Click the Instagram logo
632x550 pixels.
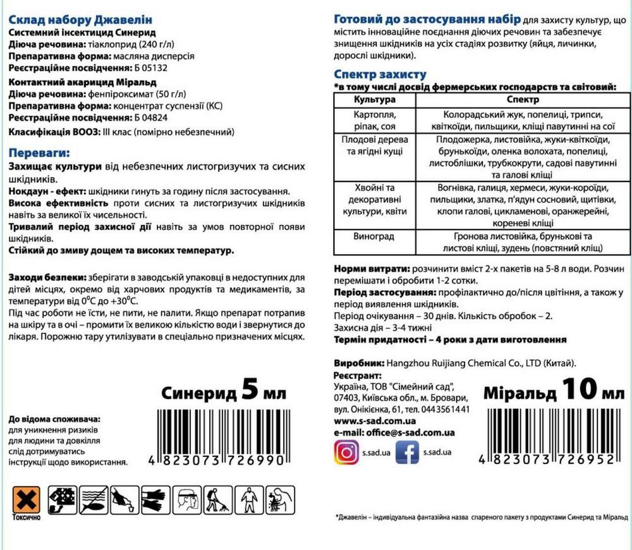(346, 452)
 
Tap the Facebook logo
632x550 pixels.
(407, 452)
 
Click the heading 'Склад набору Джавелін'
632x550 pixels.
(81, 20)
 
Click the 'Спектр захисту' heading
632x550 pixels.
(380, 74)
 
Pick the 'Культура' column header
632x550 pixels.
(375, 100)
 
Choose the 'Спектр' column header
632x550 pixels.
(523, 100)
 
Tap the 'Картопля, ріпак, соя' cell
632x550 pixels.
(375, 121)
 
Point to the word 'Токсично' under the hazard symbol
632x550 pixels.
(26, 517)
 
